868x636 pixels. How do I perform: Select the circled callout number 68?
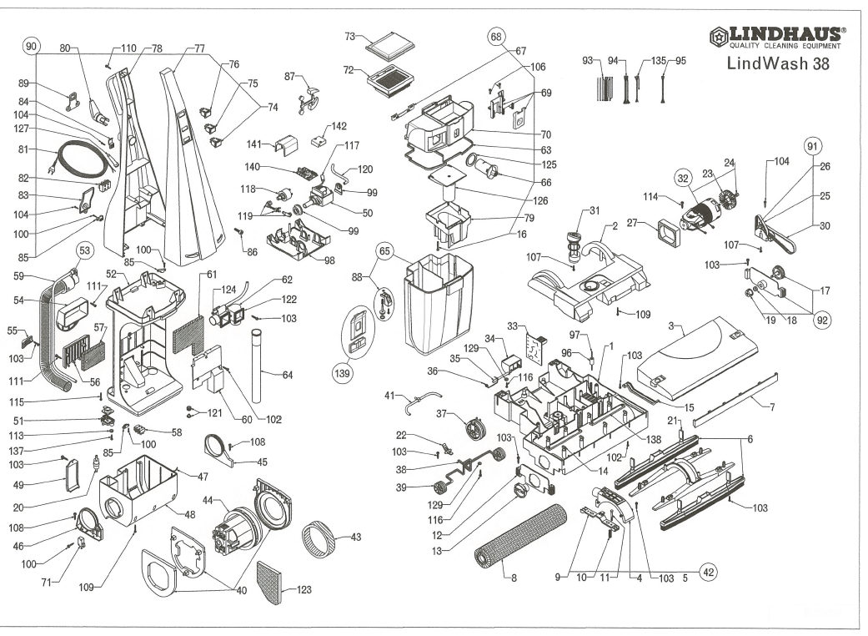(496, 38)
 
